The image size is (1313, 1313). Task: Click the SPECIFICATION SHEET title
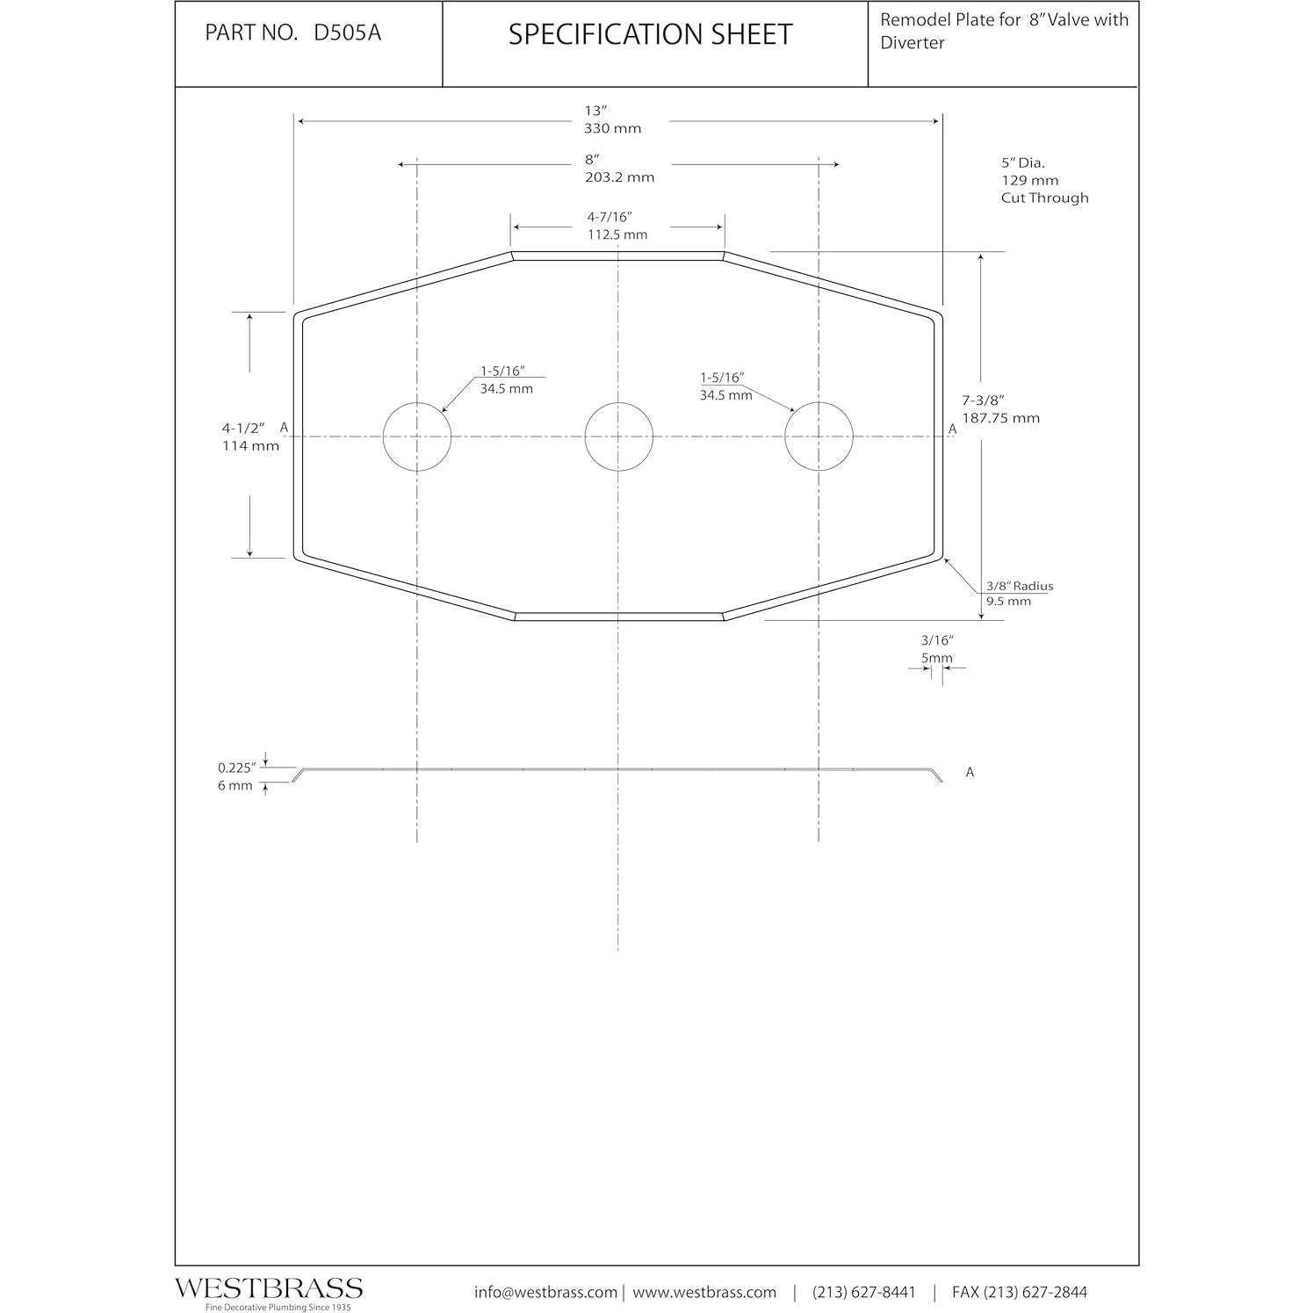(x=650, y=34)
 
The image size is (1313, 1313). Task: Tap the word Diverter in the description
(x=913, y=43)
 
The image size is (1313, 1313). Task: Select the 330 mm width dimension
(x=612, y=128)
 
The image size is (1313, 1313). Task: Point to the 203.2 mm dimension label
(x=619, y=177)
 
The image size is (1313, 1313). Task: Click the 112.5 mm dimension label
(x=617, y=234)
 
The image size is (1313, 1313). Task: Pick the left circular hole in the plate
(x=416, y=436)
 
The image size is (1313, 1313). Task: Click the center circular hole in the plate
(x=618, y=436)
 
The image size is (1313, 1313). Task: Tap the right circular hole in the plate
(x=819, y=436)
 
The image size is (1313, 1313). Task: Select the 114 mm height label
(x=250, y=446)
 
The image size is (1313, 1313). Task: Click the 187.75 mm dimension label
(x=1000, y=418)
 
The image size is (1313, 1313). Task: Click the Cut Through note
(x=1044, y=198)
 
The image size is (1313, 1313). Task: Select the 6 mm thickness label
(x=234, y=786)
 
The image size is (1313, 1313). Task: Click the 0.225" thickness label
(x=236, y=768)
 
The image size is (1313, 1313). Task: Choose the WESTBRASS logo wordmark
(x=268, y=1288)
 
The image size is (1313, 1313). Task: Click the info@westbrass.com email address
(x=545, y=1292)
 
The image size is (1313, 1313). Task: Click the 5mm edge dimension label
(x=936, y=658)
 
